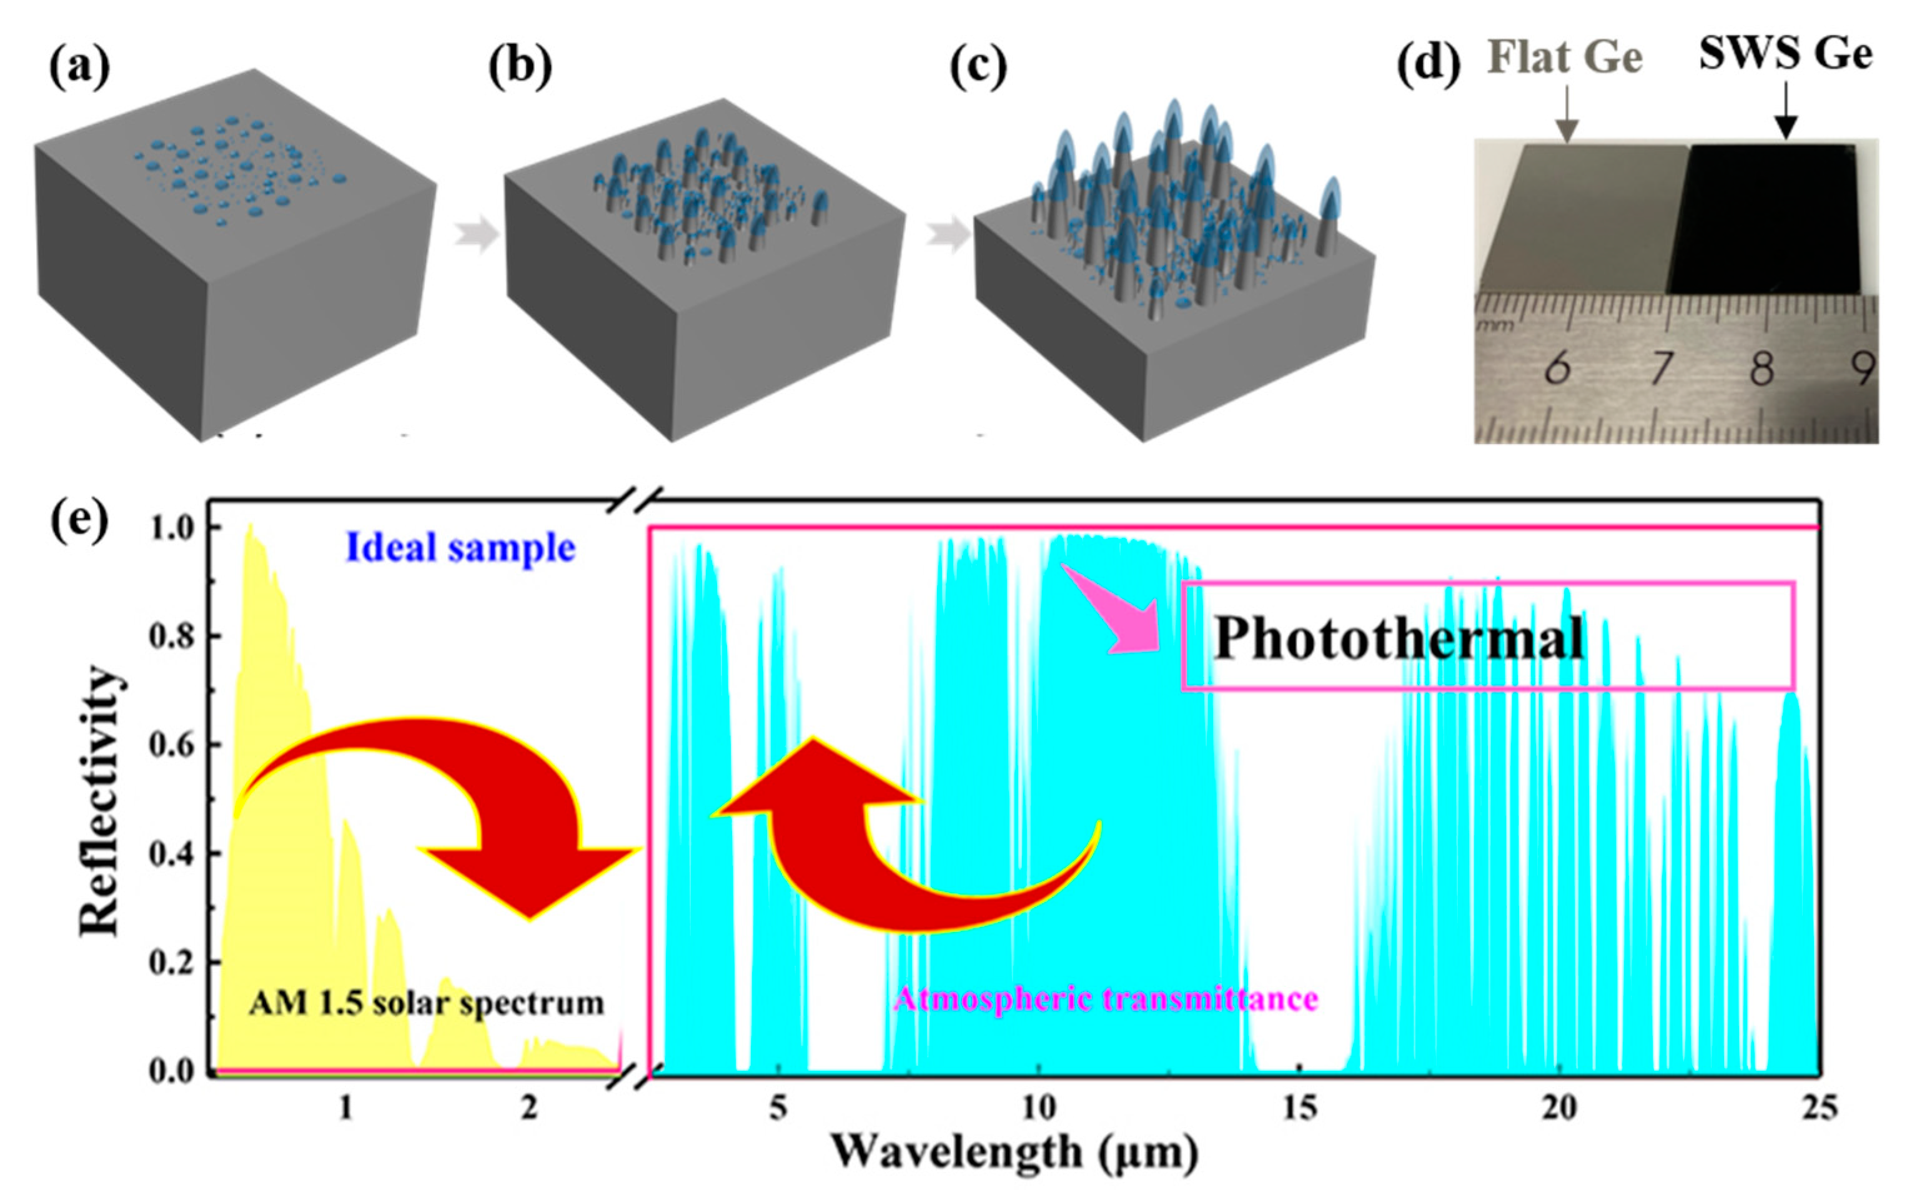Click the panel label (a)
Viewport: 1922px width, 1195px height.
79,67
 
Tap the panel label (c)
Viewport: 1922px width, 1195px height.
978,67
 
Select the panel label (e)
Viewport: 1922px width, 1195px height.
79,522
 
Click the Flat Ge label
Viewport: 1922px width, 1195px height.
1565,57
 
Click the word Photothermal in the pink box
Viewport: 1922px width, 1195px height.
1399,638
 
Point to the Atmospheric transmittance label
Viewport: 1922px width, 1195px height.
1106,999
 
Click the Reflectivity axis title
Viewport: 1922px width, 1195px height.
101,800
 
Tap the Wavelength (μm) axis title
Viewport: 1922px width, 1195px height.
1015,1153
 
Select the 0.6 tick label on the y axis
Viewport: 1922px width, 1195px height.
172,745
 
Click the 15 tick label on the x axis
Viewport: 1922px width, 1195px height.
1299,1108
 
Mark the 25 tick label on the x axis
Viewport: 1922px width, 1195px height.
1818,1108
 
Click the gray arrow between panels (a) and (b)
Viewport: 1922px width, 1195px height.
477,234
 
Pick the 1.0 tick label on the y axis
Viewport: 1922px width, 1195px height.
172,528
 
